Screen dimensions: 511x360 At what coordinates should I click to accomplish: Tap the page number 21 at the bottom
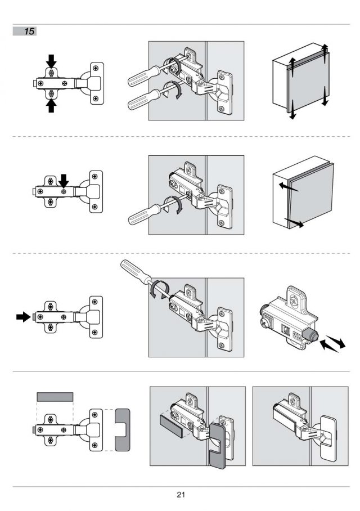[181, 495]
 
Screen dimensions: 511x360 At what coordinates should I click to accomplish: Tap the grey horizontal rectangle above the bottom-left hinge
[55, 397]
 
